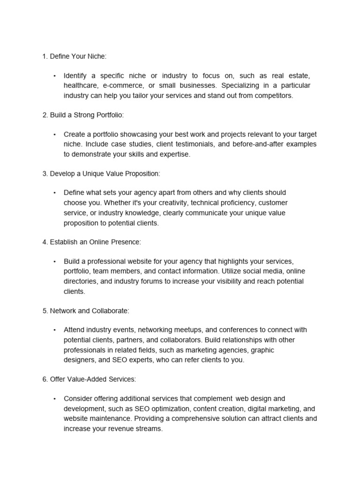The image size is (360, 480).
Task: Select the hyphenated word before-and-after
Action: [258, 144]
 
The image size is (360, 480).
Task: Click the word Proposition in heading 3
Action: [142, 173]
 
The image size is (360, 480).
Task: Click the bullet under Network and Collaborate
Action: [54, 330]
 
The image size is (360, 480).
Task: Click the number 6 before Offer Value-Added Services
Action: [44, 379]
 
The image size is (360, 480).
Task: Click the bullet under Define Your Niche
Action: [54, 76]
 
